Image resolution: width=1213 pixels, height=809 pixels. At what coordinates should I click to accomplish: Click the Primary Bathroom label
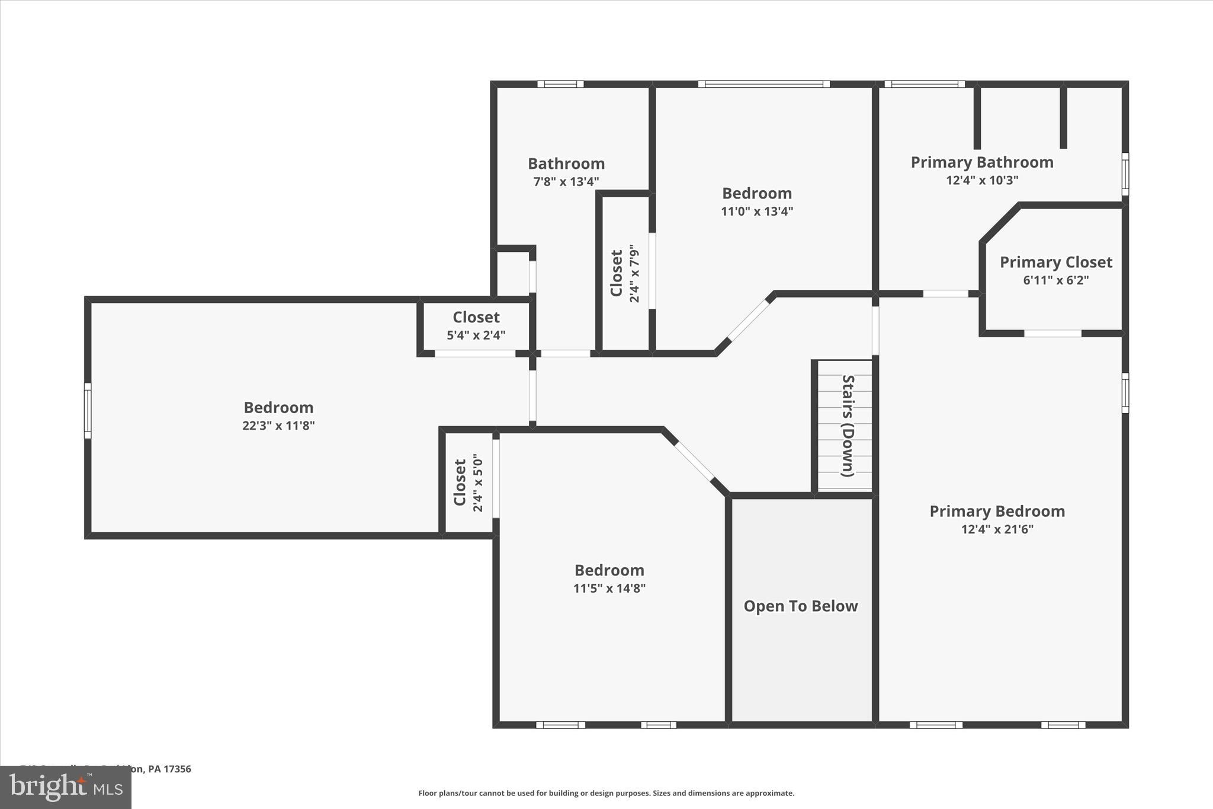(x=981, y=162)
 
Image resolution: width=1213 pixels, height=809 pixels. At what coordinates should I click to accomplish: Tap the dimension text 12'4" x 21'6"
(x=997, y=529)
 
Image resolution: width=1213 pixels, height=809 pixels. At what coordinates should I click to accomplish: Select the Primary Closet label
(x=1055, y=262)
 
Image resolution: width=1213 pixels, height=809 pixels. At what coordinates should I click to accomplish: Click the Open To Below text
(x=800, y=606)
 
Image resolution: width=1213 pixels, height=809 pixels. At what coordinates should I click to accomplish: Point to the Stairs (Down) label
(x=848, y=426)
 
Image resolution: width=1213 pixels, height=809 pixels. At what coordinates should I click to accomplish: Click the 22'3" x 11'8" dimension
(x=278, y=426)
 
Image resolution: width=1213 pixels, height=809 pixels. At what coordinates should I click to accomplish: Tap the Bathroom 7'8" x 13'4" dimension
(x=566, y=182)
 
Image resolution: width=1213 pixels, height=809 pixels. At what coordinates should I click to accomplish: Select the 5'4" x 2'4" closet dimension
(x=476, y=335)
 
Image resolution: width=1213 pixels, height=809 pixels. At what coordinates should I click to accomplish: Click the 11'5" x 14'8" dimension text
(x=609, y=589)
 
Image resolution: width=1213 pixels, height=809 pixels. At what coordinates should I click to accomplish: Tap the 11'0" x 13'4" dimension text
(x=756, y=212)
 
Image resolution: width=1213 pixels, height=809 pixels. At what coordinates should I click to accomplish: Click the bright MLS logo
(x=66, y=787)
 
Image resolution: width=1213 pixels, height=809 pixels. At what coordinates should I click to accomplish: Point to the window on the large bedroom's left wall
(x=88, y=410)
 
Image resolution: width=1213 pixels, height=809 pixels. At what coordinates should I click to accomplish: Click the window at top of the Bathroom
(x=560, y=84)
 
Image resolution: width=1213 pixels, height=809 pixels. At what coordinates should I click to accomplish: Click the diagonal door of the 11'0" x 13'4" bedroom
(x=749, y=319)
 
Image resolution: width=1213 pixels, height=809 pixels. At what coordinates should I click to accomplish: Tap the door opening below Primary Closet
(x=1052, y=334)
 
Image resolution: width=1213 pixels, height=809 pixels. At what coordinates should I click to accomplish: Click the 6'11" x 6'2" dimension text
(x=1055, y=280)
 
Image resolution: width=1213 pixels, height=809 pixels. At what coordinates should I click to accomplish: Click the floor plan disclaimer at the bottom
(x=606, y=793)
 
